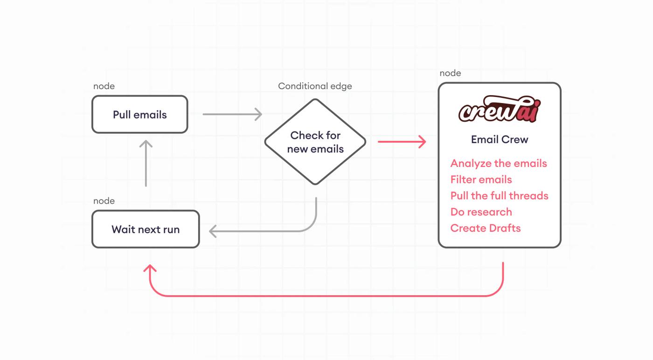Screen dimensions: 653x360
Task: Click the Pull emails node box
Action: (x=139, y=114)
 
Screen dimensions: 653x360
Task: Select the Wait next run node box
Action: (x=146, y=229)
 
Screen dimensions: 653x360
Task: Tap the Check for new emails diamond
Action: (x=315, y=142)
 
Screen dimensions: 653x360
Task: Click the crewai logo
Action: (x=500, y=109)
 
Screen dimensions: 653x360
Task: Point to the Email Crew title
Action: (x=500, y=139)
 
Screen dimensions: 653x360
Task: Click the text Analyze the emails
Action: (x=499, y=164)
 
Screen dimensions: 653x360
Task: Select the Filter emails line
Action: (x=481, y=179)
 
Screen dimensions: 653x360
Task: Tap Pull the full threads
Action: (x=499, y=195)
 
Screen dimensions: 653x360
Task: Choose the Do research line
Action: (x=481, y=212)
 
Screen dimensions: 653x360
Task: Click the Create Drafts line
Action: (x=486, y=228)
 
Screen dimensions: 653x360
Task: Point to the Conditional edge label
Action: (x=315, y=86)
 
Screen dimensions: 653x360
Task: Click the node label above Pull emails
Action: (x=104, y=86)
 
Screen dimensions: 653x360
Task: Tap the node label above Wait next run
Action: (x=104, y=201)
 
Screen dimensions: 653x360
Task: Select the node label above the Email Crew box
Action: (x=450, y=73)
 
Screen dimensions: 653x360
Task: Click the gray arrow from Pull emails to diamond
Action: (x=232, y=114)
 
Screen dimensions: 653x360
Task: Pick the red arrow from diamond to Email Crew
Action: (x=402, y=142)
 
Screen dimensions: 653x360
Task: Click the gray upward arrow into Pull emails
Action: (x=146, y=163)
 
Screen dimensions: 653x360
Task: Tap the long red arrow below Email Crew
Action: (x=326, y=296)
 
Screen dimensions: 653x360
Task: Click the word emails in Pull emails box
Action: (x=150, y=115)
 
